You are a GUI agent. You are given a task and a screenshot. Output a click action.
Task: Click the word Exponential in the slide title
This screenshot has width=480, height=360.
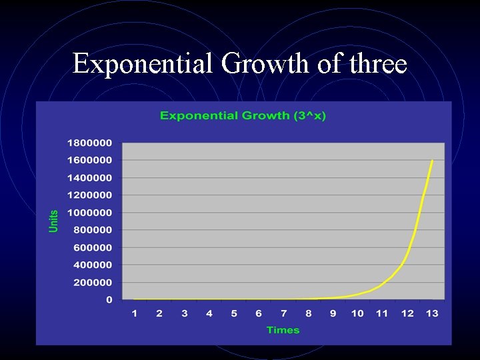[x=143, y=65]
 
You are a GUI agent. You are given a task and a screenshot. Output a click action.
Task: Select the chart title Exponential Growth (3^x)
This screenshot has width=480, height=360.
[x=243, y=116]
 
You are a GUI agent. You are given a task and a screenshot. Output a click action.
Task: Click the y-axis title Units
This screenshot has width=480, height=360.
[x=54, y=221]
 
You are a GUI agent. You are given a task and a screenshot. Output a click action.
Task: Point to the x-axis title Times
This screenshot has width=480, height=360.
[x=283, y=330]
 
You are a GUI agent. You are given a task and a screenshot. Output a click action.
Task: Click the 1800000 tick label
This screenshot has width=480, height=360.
[x=89, y=143]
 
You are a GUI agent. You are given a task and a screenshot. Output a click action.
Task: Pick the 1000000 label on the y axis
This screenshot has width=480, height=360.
[x=89, y=213]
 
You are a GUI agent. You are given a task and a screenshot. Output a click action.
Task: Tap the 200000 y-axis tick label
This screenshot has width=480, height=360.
[x=92, y=283]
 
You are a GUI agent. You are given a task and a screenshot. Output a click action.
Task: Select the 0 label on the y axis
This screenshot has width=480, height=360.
[x=109, y=300]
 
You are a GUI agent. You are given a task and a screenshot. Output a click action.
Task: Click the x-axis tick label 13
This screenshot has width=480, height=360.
[x=432, y=313]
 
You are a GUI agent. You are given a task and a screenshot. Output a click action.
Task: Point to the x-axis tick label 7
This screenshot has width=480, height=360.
[x=283, y=313]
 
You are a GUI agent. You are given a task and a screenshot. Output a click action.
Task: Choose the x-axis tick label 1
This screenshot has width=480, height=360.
[x=135, y=313]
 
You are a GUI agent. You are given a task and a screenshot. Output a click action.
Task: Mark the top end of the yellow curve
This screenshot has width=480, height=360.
[x=432, y=161]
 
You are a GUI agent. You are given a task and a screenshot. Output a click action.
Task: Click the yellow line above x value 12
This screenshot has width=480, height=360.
[x=407, y=253]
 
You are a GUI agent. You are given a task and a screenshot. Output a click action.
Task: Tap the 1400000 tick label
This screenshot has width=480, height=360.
[x=89, y=178]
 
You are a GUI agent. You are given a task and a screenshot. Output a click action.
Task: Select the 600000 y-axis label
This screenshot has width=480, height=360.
[x=92, y=247]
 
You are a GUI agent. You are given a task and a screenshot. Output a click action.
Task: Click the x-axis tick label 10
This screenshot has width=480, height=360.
[x=357, y=313]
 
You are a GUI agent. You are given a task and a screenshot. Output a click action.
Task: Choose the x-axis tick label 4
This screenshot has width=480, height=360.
[x=209, y=313]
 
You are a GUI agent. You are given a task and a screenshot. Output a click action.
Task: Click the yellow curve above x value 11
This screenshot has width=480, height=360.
[x=382, y=285]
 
